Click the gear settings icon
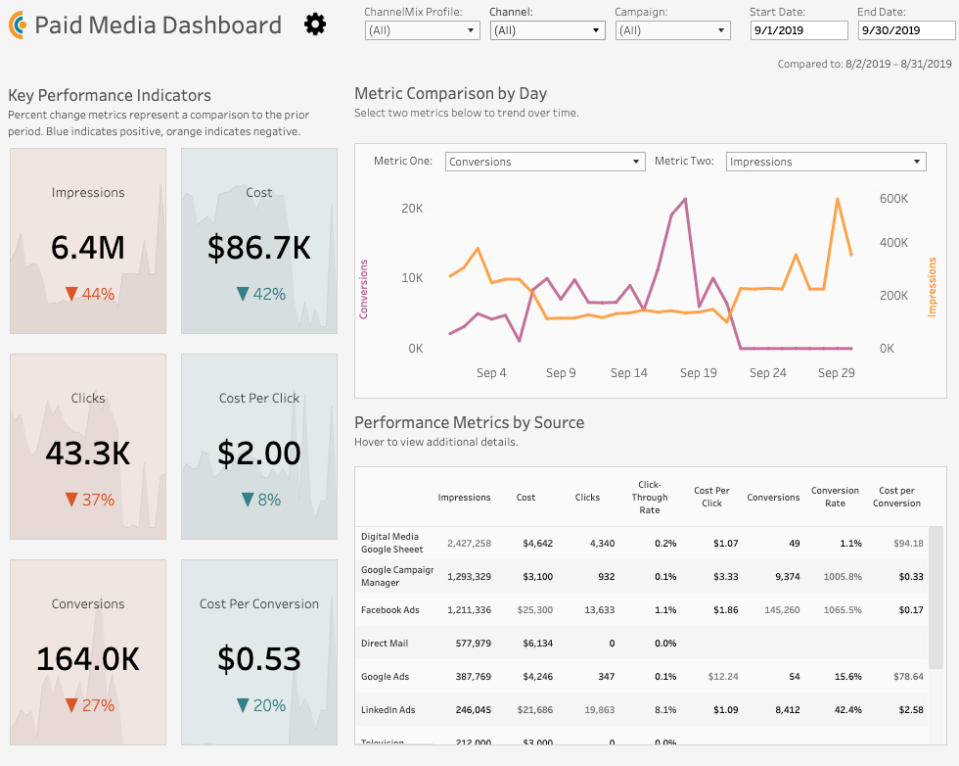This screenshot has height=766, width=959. [315, 24]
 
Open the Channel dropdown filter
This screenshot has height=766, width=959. [547, 30]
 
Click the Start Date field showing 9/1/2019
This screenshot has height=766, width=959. [799, 30]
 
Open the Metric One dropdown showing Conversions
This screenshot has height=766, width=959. [545, 162]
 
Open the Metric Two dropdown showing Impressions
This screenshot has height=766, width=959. [826, 162]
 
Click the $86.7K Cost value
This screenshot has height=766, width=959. [259, 248]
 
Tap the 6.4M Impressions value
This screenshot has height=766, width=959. [88, 248]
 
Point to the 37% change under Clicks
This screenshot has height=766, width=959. [89, 500]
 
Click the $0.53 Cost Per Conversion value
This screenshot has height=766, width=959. [259, 659]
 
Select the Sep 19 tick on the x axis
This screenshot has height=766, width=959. [698, 373]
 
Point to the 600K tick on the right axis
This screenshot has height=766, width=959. [893, 199]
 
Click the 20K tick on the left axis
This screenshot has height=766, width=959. [411, 208]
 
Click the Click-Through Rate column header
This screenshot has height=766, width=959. [650, 497]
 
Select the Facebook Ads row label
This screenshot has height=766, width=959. [389, 610]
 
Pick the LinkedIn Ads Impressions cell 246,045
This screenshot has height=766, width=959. [469, 710]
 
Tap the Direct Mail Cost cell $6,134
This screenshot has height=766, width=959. [533, 644]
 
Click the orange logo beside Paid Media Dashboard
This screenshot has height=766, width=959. [17, 25]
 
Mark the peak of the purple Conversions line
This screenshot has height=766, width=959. [685, 199]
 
